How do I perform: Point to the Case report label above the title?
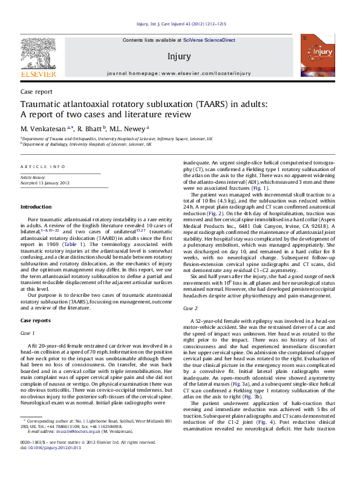point(36,92)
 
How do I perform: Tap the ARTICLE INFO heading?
point(42,166)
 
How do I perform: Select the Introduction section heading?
point(36,207)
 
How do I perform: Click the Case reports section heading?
point(36,320)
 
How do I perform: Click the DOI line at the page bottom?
point(45,464)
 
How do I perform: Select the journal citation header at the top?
point(180,25)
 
